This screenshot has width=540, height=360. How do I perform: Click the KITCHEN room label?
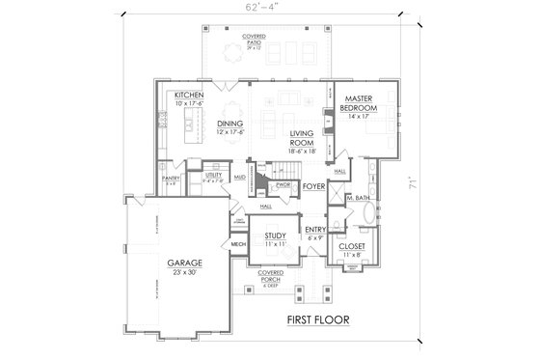point(188,96)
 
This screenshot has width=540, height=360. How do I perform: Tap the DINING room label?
point(229,124)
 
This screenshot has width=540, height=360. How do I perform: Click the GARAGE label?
point(183,262)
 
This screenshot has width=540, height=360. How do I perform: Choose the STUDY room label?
point(274,235)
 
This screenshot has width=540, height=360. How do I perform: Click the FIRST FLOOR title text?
point(317,318)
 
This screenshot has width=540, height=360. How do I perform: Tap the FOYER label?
point(313,185)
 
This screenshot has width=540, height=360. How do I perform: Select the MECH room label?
point(238,244)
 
